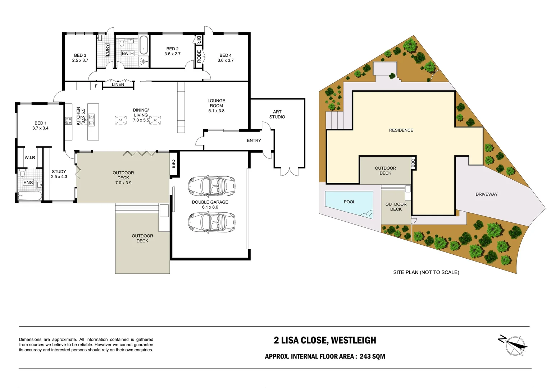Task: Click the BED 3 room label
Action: [x=80, y=56]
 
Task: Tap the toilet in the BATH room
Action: [x=121, y=42]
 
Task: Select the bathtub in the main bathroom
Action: [x=144, y=45]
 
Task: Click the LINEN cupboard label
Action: [x=118, y=84]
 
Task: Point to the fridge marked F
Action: [x=96, y=86]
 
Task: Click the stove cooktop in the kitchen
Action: [x=68, y=121]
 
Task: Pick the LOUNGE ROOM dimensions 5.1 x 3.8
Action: [x=216, y=111]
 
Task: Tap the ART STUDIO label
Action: [x=277, y=114]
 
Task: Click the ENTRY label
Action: [x=254, y=140]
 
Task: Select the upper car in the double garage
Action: [x=211, y=186]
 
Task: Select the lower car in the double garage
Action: [x=211, y=223]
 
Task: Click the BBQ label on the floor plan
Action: [x=173, y=164]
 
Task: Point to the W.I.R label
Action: [x=30, y=157]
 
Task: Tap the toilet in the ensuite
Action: [x=22, y=172]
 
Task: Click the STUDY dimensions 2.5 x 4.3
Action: [x=59, y=177]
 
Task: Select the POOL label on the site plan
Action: [x=349, y=202]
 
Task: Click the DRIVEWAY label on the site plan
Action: [x=487, y=194]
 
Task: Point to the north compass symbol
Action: [x=514, y=345]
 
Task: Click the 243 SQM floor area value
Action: [x=372, y=356]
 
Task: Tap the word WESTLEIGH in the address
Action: [x=354, y=340]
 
